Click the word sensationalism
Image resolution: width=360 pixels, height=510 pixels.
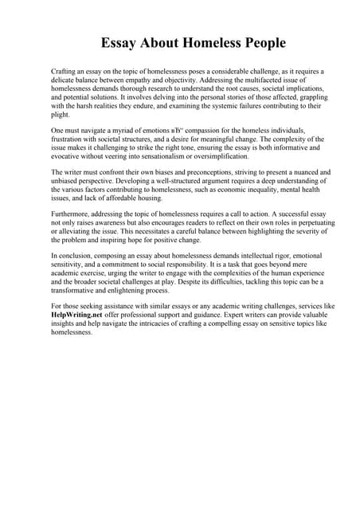click(x=165, y=156)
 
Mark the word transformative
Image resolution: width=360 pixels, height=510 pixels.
click(x=77, y=292)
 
